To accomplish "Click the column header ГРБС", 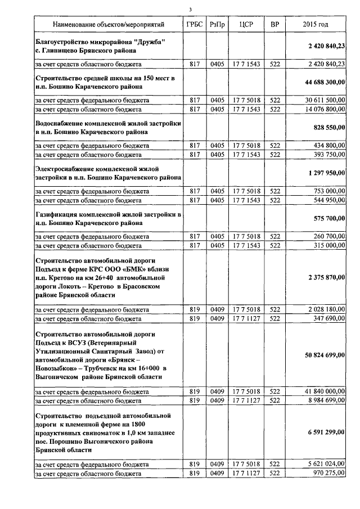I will (x=195, y=25).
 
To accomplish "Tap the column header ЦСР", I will (x=246, y=25).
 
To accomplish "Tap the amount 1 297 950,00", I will (x=327, y=173).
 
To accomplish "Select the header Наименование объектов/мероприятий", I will (x=109, y=25).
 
